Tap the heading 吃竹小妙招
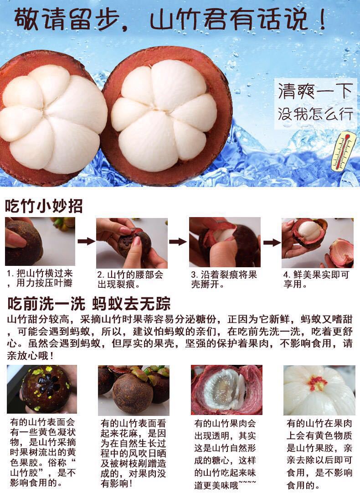[x=44, y=206]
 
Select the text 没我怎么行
[x=315, y=113]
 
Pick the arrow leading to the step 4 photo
[x=272, y=242]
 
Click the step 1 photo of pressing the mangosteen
[x=40, y=242]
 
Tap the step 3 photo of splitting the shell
[x=225, y=242]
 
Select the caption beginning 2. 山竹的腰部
[x=130, y=280]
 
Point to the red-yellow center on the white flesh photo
[x=318, y=383]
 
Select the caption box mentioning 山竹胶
[x=42, y=452]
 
